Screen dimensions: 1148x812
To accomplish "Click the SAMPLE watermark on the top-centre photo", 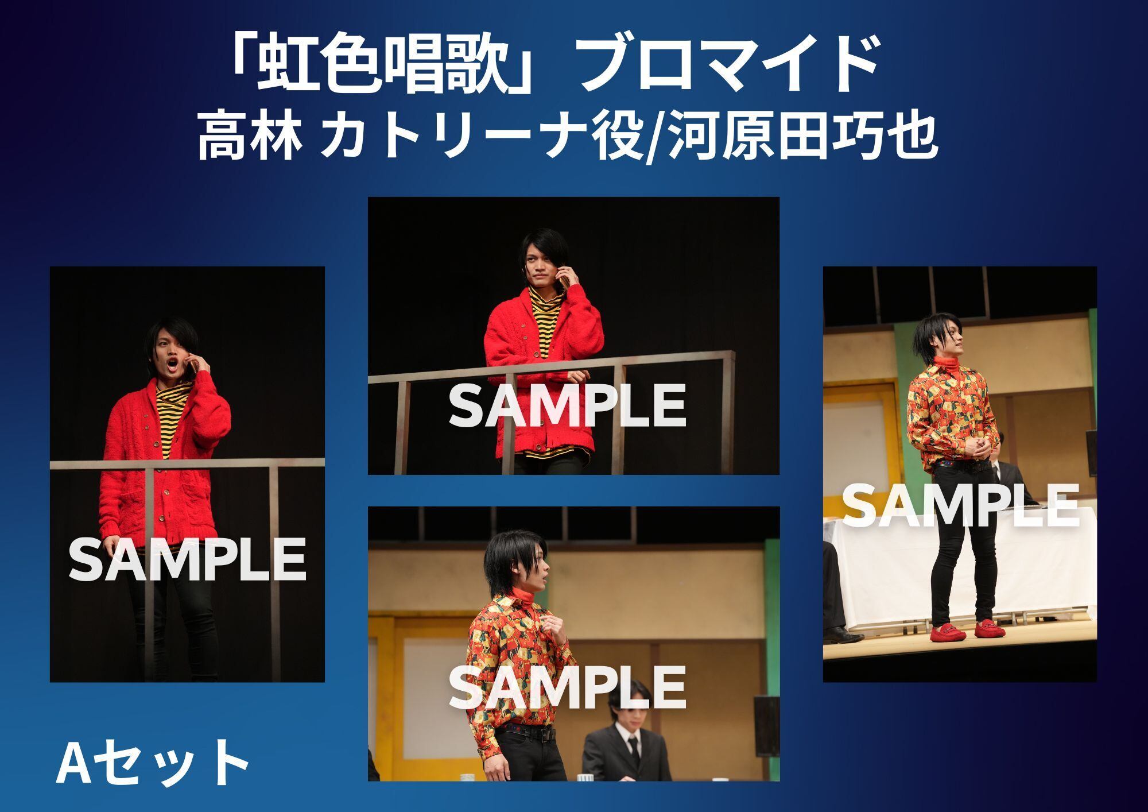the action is (567, 405).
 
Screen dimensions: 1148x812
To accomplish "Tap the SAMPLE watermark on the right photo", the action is (960, 505).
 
